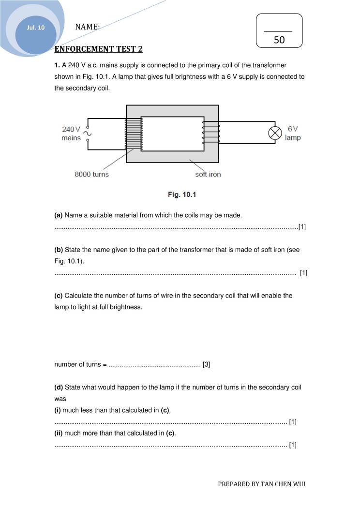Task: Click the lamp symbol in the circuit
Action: (x=275, y=133)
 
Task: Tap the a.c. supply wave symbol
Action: (x=88, y=133)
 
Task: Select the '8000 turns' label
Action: (x=91, y=174)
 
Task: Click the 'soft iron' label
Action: (x=208, y=174)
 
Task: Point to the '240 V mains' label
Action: (x=71, y=134)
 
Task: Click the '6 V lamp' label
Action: (x=293, y=133)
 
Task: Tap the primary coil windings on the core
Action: (x=134, y=133)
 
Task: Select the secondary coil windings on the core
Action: (x=211, y=133)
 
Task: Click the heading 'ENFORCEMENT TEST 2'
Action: (x=99, y=49)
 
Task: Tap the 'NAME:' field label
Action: (x=88, y=27)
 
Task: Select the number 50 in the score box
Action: (x=279, y=40)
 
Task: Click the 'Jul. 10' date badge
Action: (x=36, y=28)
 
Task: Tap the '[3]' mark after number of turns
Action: (x=206, y=364)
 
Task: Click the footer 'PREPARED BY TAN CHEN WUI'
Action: (x=261, y=484)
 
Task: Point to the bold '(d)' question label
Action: (x=59, y=388)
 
